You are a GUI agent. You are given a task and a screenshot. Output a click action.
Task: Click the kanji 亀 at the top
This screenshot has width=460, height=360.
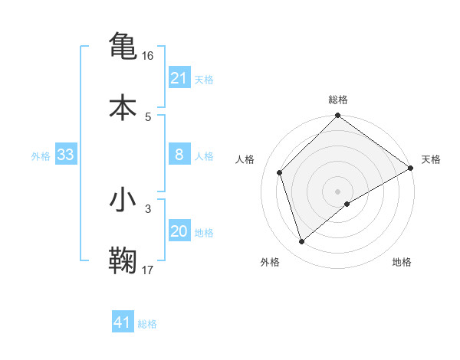coord(123,45)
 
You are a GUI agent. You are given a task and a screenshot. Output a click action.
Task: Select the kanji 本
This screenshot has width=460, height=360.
coord(123,106)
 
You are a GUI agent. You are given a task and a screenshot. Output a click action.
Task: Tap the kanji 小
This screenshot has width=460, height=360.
coord(123,200)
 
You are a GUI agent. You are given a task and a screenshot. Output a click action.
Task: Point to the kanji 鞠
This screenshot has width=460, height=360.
coord(123,260)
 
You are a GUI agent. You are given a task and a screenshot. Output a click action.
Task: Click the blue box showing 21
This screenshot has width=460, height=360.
coord(179,78)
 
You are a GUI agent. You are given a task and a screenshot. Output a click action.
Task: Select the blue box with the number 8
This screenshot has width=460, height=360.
coord(179,155)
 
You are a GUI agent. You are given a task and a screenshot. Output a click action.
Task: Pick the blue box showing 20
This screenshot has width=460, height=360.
coord(179,231)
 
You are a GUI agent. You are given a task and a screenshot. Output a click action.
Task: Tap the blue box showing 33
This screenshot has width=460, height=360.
coord(66,155)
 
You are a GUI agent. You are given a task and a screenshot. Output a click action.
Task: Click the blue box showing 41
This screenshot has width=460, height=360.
coord(123,323)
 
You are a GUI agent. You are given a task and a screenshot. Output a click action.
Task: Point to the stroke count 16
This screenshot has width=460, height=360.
coord(149,56)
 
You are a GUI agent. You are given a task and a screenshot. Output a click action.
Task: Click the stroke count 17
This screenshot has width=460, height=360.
coord(149,270)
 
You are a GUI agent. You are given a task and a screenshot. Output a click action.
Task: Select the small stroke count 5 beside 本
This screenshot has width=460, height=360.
coord(148,117)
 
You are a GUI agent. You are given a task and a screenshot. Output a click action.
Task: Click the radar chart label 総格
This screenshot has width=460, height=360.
coord(338,100)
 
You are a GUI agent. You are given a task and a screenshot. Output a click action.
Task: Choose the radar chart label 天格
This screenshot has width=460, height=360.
coord(431,159)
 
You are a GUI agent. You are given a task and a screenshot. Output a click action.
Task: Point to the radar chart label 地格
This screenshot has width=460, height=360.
coord(402,263)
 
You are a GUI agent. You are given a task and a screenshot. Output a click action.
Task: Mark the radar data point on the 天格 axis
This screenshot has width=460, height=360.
coord(410,168)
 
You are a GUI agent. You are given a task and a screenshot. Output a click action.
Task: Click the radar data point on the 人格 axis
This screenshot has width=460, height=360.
coord(280,172)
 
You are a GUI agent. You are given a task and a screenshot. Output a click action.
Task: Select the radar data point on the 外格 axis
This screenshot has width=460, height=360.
coord(302,242)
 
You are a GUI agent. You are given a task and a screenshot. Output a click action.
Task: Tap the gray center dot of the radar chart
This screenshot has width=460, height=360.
coord(337,191)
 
